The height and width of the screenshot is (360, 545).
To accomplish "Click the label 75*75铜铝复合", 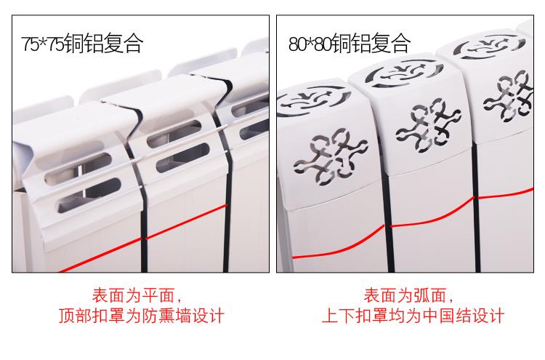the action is (82, 43).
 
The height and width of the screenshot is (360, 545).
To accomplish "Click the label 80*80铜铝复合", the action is (350, 43).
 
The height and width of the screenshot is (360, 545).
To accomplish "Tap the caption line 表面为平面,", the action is (137, 296).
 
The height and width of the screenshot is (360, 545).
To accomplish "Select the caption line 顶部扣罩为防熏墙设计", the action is (142, 316).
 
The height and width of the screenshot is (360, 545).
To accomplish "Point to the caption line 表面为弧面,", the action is (408, 296).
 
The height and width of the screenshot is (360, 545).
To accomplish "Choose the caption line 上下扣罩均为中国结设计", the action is (413, 316).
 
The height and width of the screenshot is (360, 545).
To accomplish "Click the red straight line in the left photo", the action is (143, 239).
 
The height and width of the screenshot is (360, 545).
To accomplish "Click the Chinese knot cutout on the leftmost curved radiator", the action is (330, 156).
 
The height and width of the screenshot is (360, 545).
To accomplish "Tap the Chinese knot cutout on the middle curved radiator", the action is (429, 126).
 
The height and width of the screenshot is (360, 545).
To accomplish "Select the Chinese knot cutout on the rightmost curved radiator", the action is (508, 96).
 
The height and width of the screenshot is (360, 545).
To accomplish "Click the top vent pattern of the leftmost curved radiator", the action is (314, 100).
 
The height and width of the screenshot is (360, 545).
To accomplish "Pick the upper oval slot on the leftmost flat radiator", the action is (78, 169).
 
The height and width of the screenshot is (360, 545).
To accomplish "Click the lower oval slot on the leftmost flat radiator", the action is (89, 196).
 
